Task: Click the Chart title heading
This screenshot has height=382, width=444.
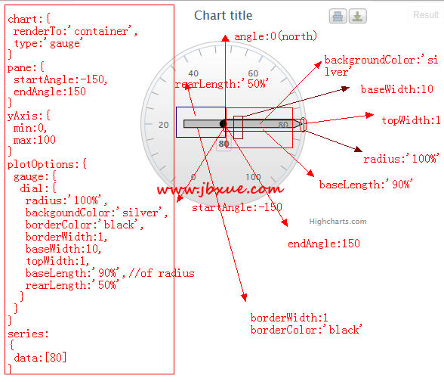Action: pos(224,15)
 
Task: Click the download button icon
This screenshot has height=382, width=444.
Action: pos(358,16)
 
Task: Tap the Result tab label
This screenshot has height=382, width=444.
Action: pos(426,14)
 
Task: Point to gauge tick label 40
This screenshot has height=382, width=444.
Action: pos(193,73)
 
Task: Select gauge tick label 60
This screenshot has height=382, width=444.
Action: pos(253,73)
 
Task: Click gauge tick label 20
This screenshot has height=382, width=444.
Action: pos(164,125)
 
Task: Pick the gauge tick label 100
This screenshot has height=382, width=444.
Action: pos(253,177)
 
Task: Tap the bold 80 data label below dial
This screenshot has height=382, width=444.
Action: pos(224,144)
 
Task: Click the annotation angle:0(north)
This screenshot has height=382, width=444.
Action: pos(276,36)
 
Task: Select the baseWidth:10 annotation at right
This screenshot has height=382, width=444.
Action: pos(397,89)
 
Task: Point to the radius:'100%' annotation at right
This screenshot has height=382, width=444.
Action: pos(401,159)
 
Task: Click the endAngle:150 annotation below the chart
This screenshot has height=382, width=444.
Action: pos(324,244)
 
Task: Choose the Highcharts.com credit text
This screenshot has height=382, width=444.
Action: pos(338,222)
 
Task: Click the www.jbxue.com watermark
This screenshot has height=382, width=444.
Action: pos(220,189)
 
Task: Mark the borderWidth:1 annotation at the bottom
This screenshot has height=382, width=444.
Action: pos(289,318)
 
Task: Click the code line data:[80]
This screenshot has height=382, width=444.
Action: pos(40,358)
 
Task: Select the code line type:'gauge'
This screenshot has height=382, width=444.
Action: pos(48,43)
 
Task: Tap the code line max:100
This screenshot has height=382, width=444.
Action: pos(35,140)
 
